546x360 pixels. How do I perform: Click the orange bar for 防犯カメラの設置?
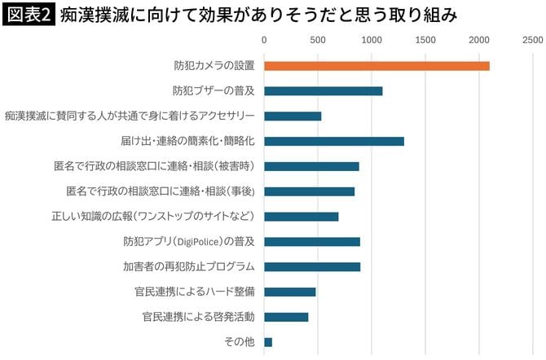pyautogui.click(x=376, y=66)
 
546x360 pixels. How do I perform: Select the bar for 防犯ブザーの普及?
pyautogui.click(x=324, y=91)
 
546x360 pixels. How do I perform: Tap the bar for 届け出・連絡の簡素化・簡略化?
pyautogui.click(x=334, y=141)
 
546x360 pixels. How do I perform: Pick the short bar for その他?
pyautogui.click(x=268, y=342)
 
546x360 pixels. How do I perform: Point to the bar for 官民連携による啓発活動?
pyautogui.click(x=286, y=317)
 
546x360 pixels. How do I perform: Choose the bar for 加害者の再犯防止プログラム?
pyautogui.click(x=312, y=266)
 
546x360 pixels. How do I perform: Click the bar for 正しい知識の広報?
pyautogui.click(x=301, y=217)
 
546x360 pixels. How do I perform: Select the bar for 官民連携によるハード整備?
pyautogui.click(x=289, y=292)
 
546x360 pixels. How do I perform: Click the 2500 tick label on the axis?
pyautogui.click(x=532, y=39)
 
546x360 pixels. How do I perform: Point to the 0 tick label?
pyautogui.click(x=264, y=39)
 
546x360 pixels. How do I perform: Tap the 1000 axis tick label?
pyautogui.click(x=372, y=39)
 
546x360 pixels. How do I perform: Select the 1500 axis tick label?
pyautogui.click(x=425, y=39)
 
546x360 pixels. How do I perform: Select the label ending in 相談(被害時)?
pyautogui.click(x=154, y=166)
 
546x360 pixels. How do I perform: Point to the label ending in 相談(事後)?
pyautogui.click(x=161, y=191)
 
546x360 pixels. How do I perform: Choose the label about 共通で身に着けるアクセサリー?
pyautogui.click(x=130, y=116)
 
